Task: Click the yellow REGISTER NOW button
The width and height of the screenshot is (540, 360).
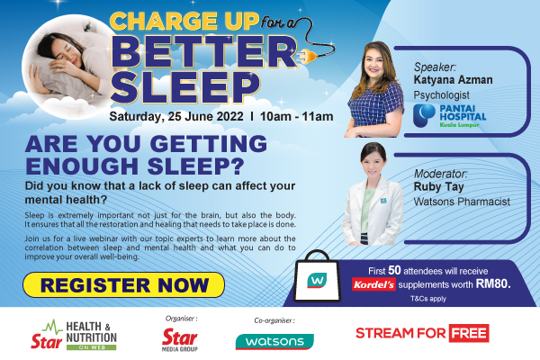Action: (x=123, y=285)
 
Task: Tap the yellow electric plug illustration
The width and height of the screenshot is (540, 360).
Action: (x=308, y=57)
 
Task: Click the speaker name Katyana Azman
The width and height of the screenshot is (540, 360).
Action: (x=453, y=79)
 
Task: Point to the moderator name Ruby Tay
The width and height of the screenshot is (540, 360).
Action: (x=439, y=186)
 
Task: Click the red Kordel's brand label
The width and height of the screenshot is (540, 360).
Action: (x=373, y=284)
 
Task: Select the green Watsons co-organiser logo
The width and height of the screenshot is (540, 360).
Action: (x=274, y=341)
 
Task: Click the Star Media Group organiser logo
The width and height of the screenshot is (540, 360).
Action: (x=180, y=339)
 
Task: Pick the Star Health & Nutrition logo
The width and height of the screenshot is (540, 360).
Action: (x=74, y=335)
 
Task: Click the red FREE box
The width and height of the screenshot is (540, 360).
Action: (x=469, y=333)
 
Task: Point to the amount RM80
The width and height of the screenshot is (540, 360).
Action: (x=493, y=283)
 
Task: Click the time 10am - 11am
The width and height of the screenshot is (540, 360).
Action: (x=296, y=116)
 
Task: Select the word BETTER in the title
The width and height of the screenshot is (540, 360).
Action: (x=204, y=52)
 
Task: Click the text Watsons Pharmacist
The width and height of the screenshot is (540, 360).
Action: (x=462, y=202)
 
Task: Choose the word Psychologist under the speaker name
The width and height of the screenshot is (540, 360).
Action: (x=442, y=95)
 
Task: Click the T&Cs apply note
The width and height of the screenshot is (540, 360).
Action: (x=428, y=299)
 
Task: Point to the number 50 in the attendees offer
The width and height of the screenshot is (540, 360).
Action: (x=395, y=270)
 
